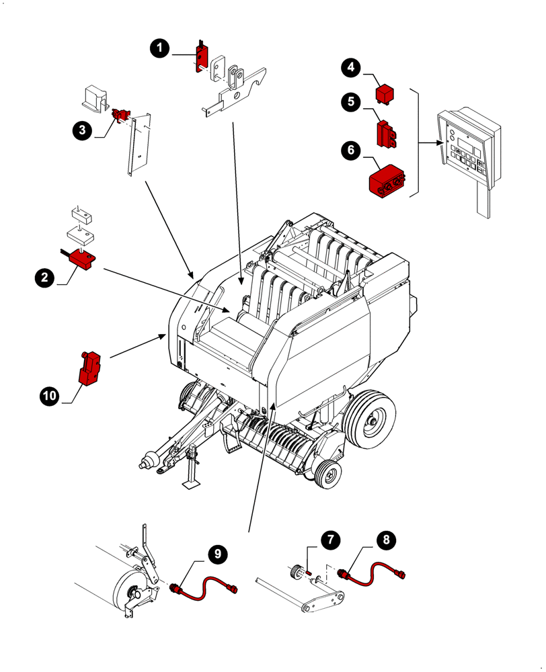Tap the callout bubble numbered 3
point(83,130)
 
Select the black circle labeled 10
point(49,396)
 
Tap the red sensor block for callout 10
point(89,369)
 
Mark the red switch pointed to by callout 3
point(121,116)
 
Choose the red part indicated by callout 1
point(201,56)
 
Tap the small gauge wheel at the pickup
point(328,475)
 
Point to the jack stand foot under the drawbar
point(192,485)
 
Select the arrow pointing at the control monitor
point(429,142)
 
